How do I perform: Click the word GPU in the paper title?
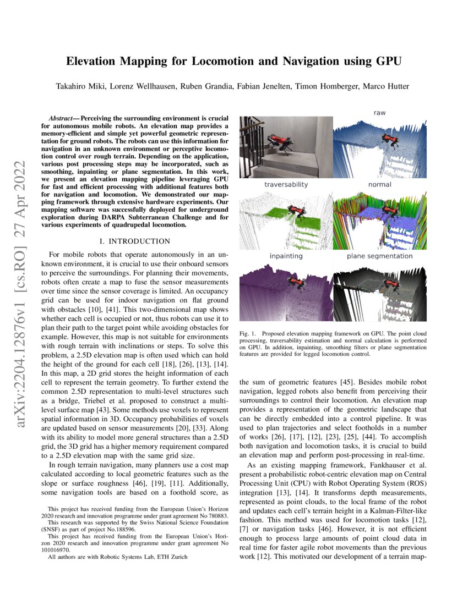pos(385,61)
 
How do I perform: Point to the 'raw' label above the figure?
pos(379,113)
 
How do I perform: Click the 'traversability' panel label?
pos(286,185)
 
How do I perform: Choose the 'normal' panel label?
pos(379,185)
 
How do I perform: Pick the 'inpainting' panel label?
pos(286,256)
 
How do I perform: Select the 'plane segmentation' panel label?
pos(379,256)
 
